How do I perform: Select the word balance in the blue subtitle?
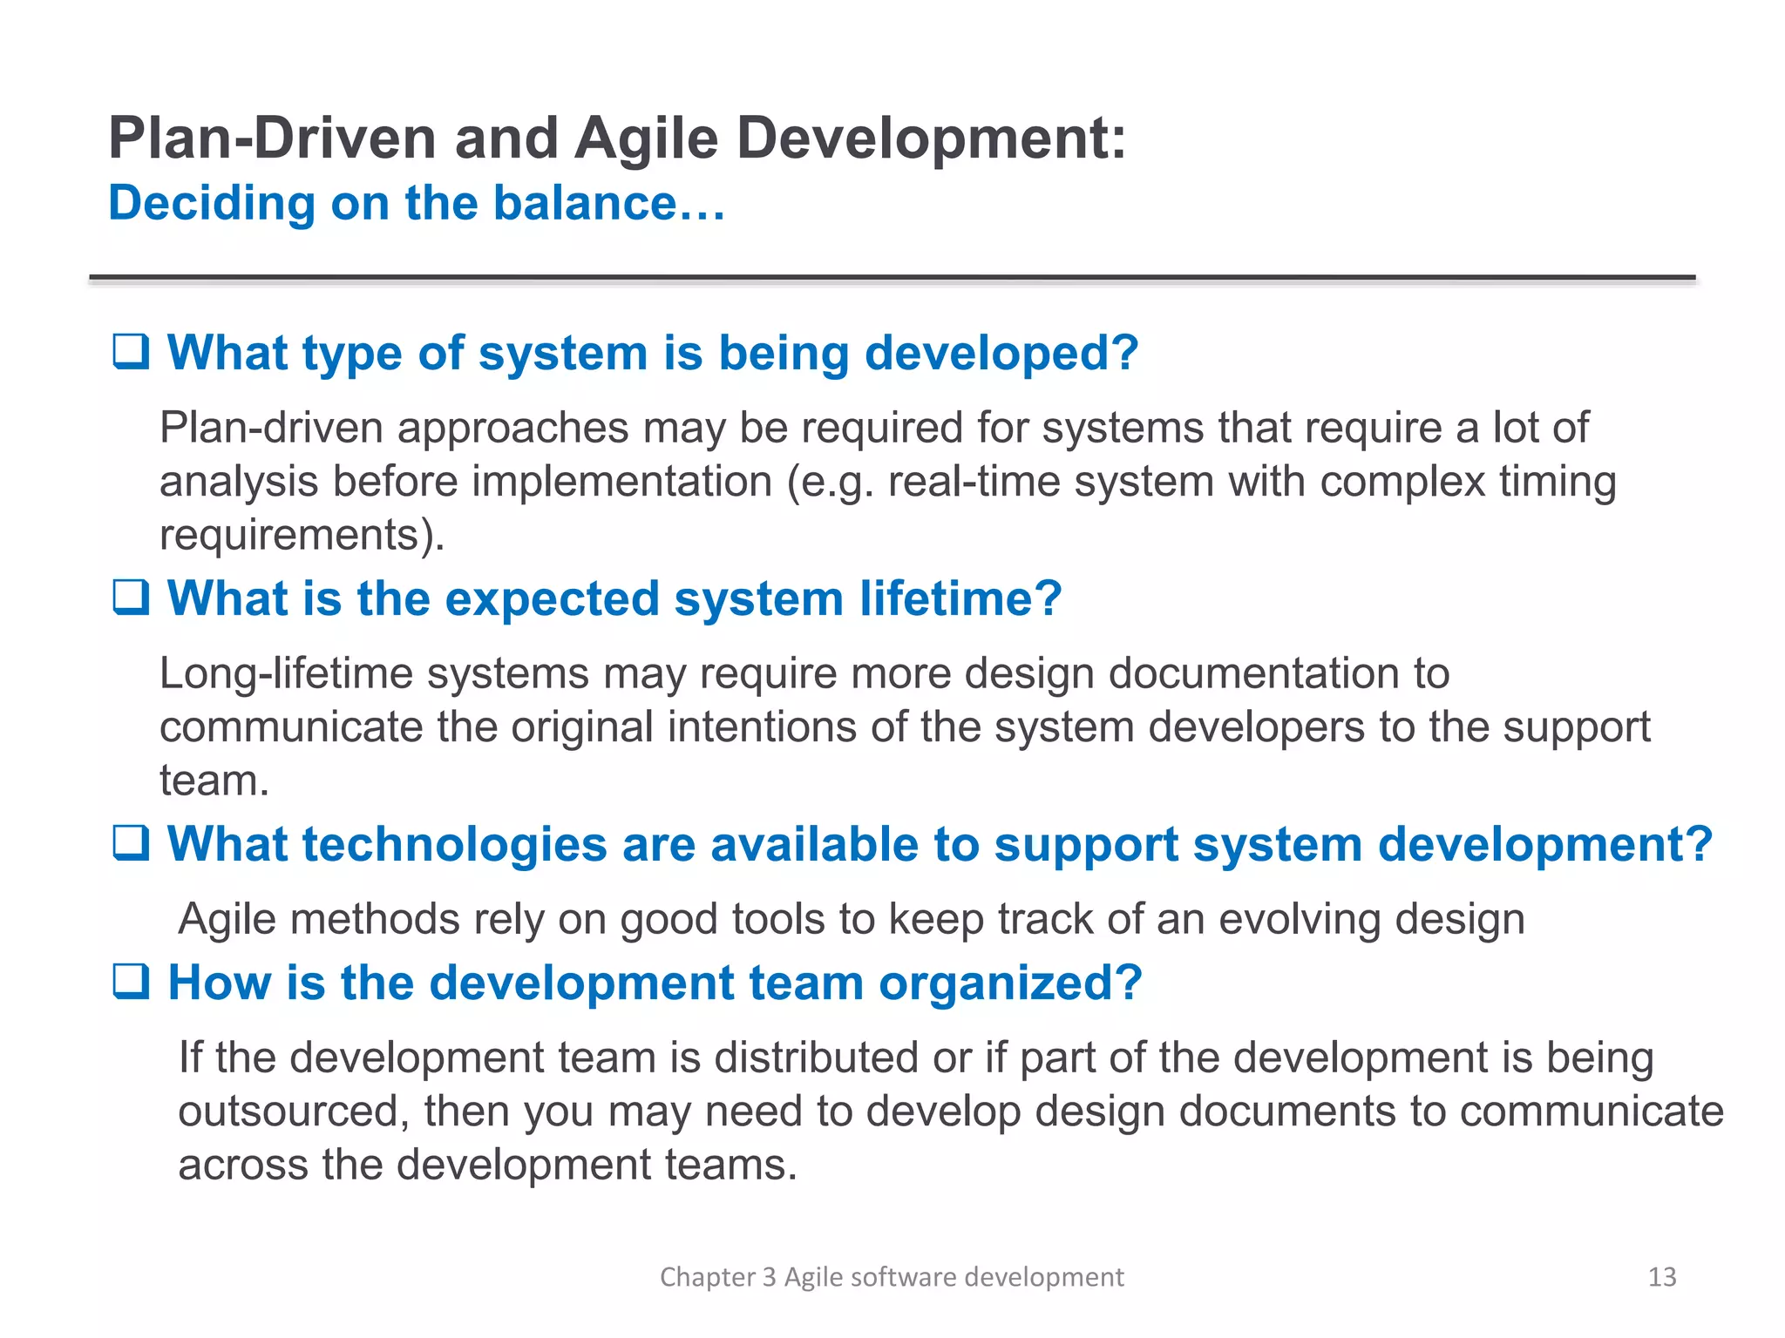(x=585, y=204)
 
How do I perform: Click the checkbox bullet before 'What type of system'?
(x=131, y=352)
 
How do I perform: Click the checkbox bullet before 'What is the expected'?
(x=131, y=598)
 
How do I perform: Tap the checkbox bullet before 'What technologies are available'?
(x=131, y=843)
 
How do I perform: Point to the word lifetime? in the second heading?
(x=960, y=599)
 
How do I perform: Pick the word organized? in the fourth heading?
(x=1010, y=983)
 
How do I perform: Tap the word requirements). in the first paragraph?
(x=302, y=535)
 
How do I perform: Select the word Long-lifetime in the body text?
(x=285, y=674)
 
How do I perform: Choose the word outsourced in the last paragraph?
(x=288, y=1112)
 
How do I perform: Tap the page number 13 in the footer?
(x=1661, y=1277)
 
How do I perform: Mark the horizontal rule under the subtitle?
(x=892, y=278)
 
